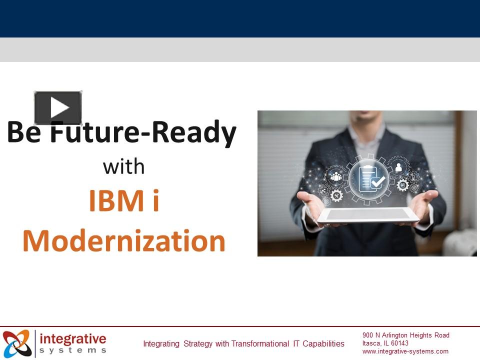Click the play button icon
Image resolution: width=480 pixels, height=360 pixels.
click(58, 107)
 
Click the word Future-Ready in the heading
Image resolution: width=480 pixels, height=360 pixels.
click(143, 131)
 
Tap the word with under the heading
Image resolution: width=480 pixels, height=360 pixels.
click(123, 167)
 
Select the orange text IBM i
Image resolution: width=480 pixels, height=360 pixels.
click(123, 200)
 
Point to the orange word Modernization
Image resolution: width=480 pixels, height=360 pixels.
click(124, 241)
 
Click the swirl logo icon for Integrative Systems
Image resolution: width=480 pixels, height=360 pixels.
click(17, 343)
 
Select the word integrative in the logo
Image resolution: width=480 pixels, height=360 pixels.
click(73, 338)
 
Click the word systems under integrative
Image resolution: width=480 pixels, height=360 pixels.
click(73, 350)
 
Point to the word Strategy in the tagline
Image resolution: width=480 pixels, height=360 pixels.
click(198, 344)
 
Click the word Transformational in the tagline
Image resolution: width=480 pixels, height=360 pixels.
click(260, 343)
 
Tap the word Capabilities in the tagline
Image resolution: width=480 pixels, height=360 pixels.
click(323, 344)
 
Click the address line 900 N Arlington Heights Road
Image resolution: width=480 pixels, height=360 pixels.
click(406, 335)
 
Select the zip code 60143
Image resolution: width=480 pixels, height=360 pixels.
click(399, 343)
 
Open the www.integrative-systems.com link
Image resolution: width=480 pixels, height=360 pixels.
click(405, 351)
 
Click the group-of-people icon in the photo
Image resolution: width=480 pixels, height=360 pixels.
click(336, 176)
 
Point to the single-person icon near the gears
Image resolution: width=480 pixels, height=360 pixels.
click(398, 167)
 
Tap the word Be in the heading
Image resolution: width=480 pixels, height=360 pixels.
click(24, 131)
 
